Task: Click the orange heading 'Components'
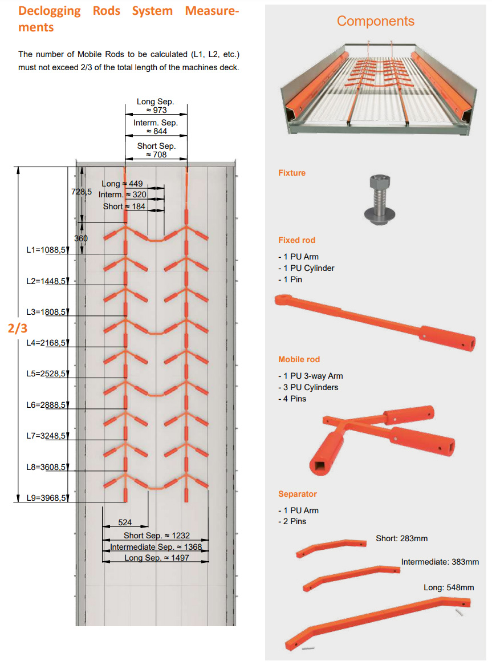click(x=376, y=21)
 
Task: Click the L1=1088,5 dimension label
click(x=46, y=250)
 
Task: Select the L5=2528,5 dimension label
click(x=46, y=374)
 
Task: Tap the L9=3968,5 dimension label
click(x=46, y=498)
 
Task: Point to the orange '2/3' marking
click(x=17, y=329)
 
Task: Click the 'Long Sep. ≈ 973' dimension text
click(x=156, y=106)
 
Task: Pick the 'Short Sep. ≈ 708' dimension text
click(x=156, y=150)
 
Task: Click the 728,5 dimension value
click(x=82, y=192)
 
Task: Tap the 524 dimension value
click(x=125, y=522)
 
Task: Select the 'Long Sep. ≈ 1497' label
click(x=157, y=558)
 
